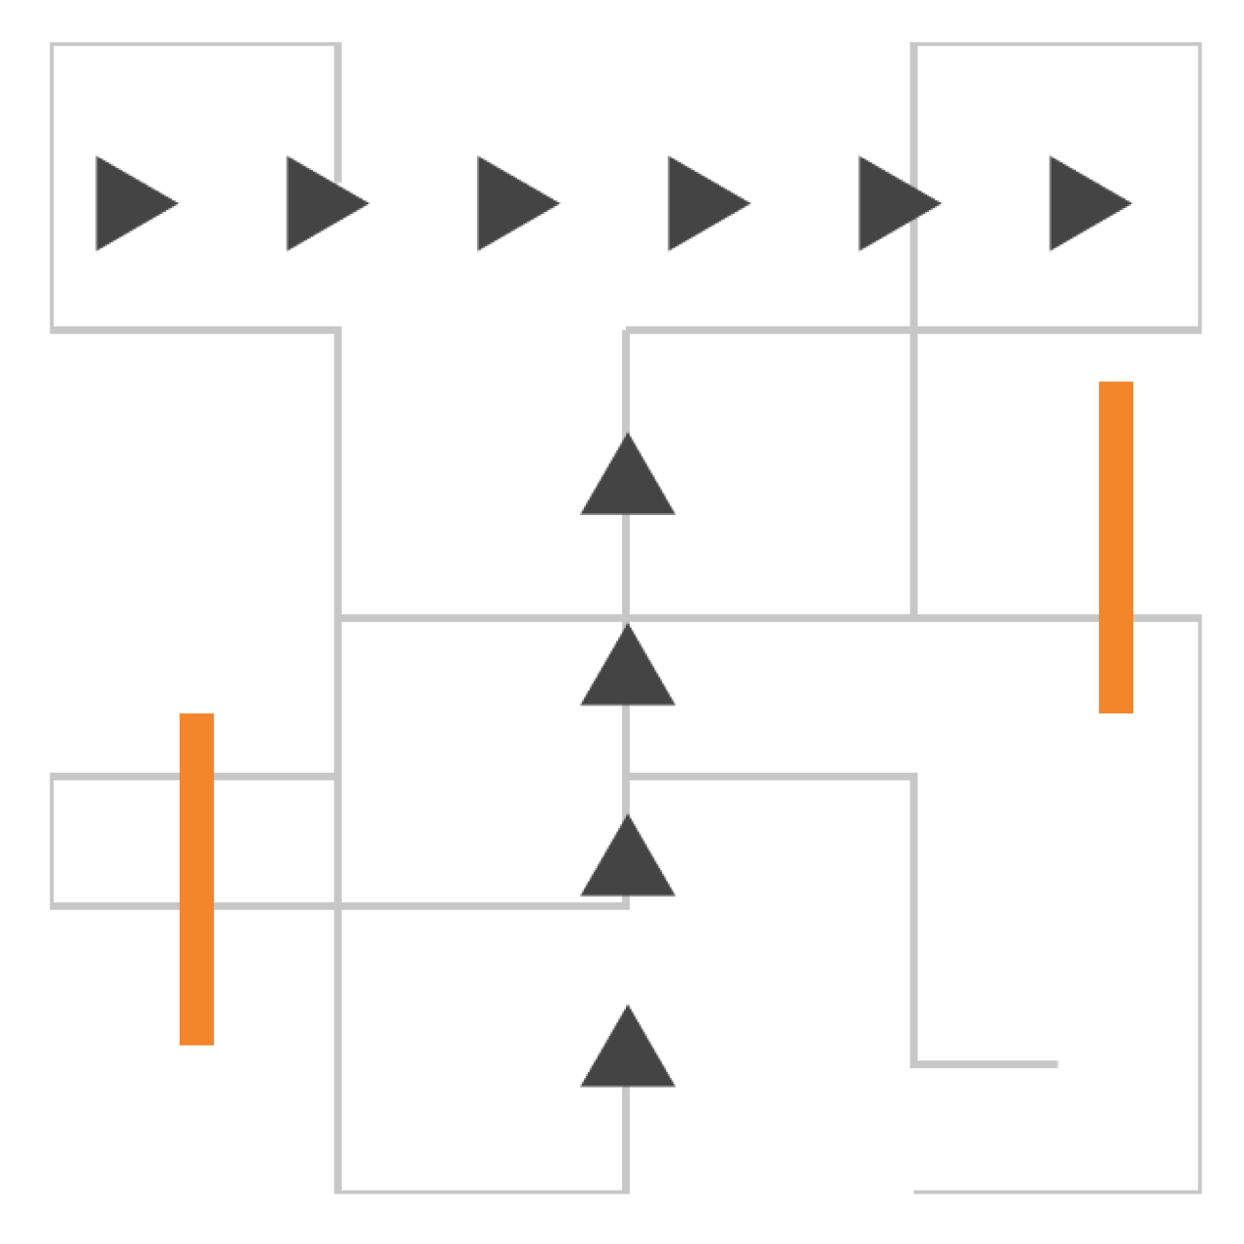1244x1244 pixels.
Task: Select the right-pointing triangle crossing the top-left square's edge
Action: click(x=320, y=204)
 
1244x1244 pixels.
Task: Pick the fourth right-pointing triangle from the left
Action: click(x=702, y=204)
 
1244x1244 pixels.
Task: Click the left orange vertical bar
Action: click(x=196, y=880)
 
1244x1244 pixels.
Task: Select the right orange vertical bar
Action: click(x=1116, y=547)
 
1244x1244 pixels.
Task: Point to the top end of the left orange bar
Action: click(x=196, y=715)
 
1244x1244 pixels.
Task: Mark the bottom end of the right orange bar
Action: click(x=1116, y=712)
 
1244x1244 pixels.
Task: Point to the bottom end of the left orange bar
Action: click(x=196, y=1044)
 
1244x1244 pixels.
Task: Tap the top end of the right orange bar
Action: click(x=1116, y=383)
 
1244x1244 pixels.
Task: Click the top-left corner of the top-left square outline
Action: click(x=52, y=45)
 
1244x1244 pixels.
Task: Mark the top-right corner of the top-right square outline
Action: click(x=1199, y=45)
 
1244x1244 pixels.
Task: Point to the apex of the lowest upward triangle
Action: click(x=627, y=1006)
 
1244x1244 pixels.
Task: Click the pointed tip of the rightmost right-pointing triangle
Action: click(x=1132, y=204)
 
